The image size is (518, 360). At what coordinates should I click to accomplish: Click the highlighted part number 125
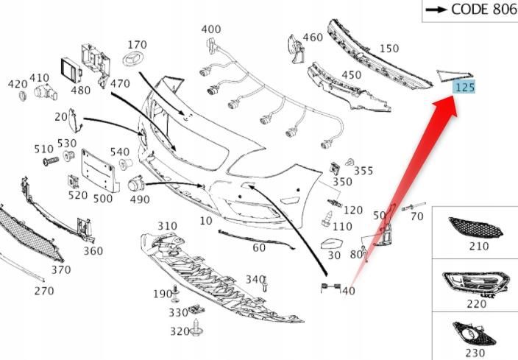[464, 88]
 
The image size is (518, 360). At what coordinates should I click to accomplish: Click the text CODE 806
[483, 10]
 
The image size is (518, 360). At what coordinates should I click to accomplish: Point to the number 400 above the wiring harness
[211, 29]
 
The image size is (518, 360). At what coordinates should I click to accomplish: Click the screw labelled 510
[51, 161]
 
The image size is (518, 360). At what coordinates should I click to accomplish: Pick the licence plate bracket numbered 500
[100, 171]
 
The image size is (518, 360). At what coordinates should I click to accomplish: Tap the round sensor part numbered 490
[136, 184]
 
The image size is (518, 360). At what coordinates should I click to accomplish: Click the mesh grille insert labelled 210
[476, 227]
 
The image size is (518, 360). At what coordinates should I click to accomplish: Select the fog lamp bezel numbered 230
[474, 334]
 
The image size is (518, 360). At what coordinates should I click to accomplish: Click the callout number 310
[167, 226]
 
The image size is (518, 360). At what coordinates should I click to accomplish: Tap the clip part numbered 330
[196, 310]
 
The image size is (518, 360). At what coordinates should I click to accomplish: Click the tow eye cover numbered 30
[331, 244]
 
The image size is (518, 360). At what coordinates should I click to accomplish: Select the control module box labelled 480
[71, 70]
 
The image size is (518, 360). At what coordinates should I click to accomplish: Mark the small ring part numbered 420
[23, 96]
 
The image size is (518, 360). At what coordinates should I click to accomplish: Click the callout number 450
[351, 75]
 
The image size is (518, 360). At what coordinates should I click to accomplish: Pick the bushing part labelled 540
[126, 164]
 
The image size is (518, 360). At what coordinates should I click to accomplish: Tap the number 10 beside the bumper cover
[206, 221]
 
